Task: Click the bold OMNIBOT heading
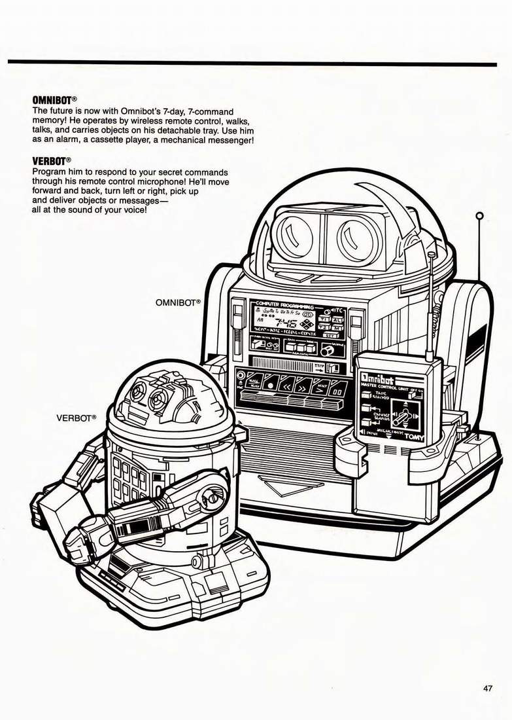[x=56, y=100]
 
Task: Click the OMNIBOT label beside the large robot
[x=177, y=303]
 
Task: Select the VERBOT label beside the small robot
[x=76, y=417]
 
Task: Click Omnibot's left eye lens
[x=293, y=233]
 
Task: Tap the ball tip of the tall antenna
[x=479, y=215]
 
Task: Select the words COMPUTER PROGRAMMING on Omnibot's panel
[x=286, y=306]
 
